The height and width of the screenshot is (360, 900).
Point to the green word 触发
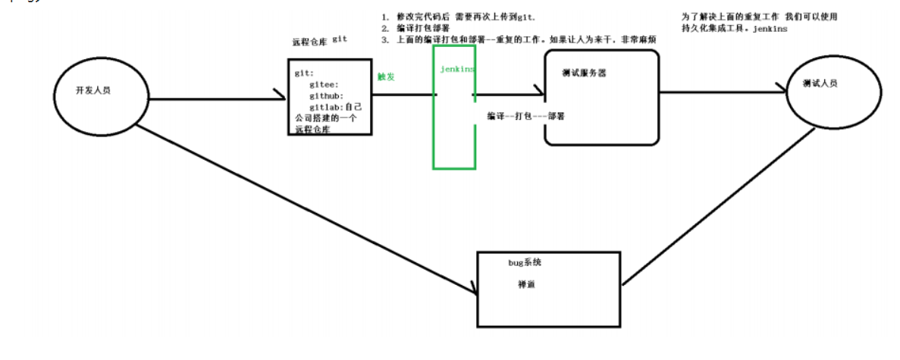click(x=386, y=77)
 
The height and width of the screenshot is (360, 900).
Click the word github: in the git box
click(x=326, y=96)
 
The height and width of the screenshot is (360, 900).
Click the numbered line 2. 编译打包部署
click(x=406, y=28)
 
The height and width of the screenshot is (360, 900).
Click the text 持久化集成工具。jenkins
click(x=734, y=28)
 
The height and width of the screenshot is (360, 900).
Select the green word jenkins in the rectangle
click(x=457, y=69)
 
